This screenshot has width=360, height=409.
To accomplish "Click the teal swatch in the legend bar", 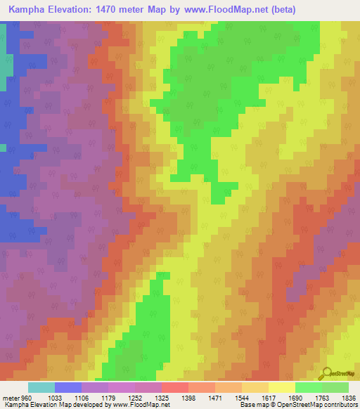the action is tap(41, 387).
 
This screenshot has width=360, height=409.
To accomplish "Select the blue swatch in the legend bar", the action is tap(68, 387).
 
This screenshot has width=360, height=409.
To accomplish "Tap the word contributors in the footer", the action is tap(340, 405).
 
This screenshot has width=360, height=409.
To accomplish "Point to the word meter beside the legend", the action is tap(11, 397).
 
